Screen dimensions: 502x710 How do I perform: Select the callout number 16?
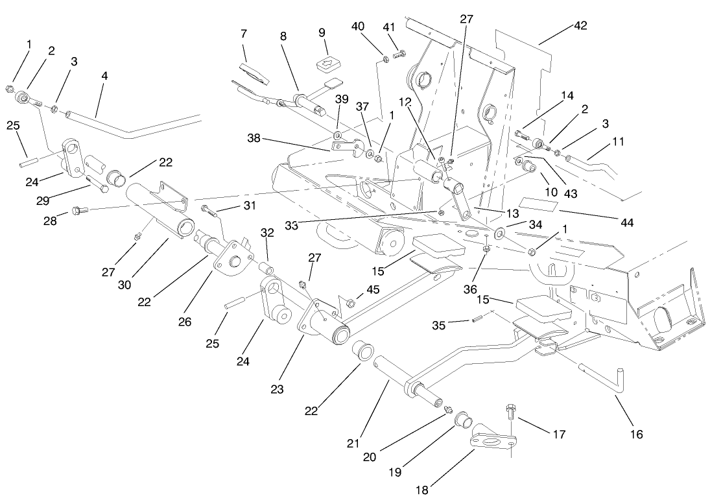click(x=637, y=435)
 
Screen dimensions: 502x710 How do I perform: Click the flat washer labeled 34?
click(x=501, y=233)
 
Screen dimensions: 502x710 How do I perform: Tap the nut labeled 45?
click(x=351, y=302)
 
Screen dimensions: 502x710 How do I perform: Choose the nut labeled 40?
click(x=385, y=60)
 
